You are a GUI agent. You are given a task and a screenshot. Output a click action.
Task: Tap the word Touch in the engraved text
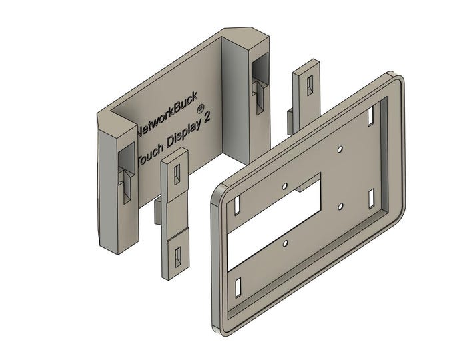point(151,159)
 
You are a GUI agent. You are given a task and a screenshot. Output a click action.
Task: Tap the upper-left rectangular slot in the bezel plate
point(238,205)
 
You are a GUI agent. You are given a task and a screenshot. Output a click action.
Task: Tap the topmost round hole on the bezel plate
point(340,149)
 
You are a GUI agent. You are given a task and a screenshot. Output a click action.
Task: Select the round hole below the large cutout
point(284,244)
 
